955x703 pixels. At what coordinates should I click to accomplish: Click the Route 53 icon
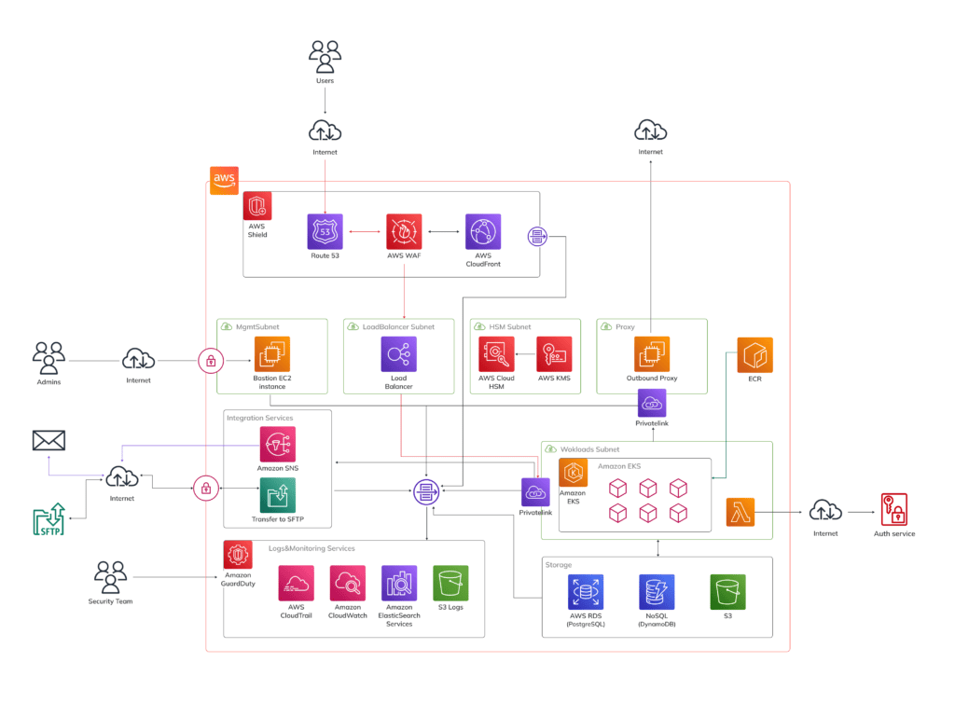pyautogui.click(x=325, y=231)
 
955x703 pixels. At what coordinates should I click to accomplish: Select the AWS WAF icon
pyautogui.click(x=404, y=231)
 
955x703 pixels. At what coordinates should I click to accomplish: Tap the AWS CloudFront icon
pyautogui.click(x=482, y=231)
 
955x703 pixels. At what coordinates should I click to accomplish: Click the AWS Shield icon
pyautogui.click(x=257, y=206)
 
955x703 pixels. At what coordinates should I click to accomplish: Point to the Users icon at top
pyautogui.click(x=325, y=56)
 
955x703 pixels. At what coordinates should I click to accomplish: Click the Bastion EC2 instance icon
pyautogui.click(x=272, y=354)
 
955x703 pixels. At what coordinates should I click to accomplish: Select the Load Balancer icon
pyautogui.click(x=398, y=354)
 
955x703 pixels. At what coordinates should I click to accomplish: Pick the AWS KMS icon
pyautogui.click(x=554, y=354)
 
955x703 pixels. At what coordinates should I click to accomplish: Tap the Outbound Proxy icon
pyautogui.click(x=652, y=354)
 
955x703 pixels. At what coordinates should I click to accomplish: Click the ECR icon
pyautogui.click(x=754, y=355)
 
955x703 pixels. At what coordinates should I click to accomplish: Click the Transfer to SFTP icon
pyautogui.click(x=277, y=495)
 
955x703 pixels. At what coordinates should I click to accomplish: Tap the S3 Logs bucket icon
pyautogui.click(x=450, y=583)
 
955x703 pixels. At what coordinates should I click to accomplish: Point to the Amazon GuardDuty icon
pyautogui.click(x=238, y=555)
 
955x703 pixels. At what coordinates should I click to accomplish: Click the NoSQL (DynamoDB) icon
pyautogui.click(x=657, y=592)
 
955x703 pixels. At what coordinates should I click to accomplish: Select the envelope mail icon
pyautogui.click(x=48, y=440)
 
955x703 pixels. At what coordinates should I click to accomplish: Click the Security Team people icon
pyautogui.click(x=110, y=577)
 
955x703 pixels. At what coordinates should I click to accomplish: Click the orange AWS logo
pyautogui.click(x=224, y=179)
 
